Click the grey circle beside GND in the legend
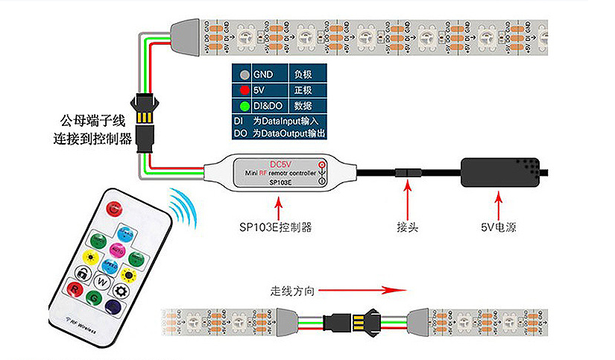click(x=245, y=75)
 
